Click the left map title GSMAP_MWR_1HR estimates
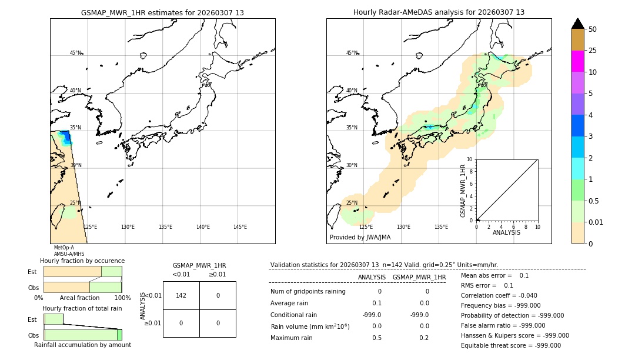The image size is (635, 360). [162, 12]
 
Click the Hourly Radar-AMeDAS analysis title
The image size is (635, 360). [439, 12]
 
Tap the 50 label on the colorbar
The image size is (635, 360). [593, 29]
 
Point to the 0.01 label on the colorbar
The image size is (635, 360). [596, 222]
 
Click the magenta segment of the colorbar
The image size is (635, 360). [577, 61]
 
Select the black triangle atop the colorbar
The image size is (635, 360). [577, 24]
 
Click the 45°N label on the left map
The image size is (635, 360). [75, 53]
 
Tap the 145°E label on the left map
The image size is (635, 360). [240, 227]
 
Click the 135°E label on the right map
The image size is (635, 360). [441, 227]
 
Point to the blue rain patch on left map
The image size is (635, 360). [66, 138]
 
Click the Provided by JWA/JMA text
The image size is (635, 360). [360, 238]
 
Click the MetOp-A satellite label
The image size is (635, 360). [63, 248]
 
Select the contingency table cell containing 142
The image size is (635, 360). [181, 295]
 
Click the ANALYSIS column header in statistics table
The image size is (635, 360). [372, 277]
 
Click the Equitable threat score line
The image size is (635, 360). [510, 345]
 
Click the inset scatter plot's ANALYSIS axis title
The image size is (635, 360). [506, 232]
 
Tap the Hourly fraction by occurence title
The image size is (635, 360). [82, 261]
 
